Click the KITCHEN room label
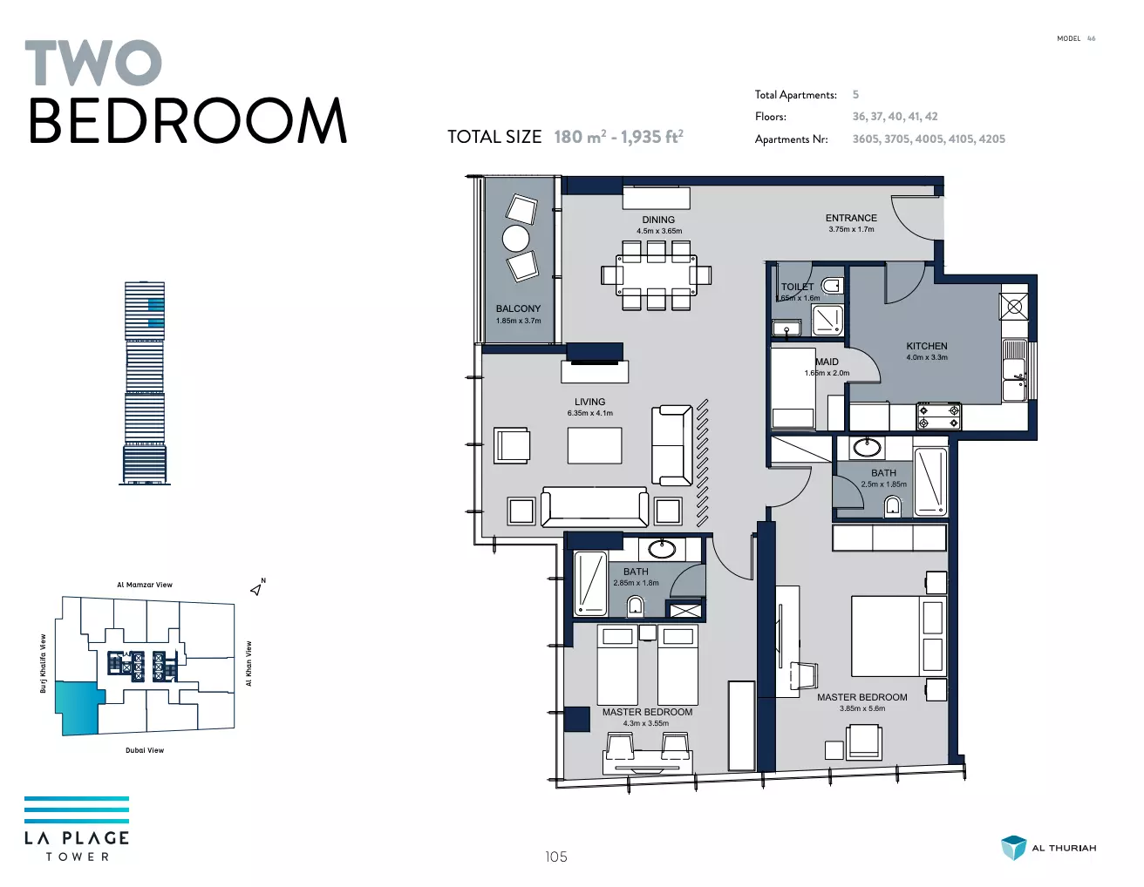click(x=927, y=346)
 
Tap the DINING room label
click(x=658, y=220)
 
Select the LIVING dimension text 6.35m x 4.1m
click(x=590, y=414)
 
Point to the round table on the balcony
click(x=515, y=239)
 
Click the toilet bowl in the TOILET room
click(x=832, y=286)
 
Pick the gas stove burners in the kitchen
click(x=939, y=416)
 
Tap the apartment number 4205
click(x=992, y=139)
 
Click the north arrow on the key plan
click(x=256, y=589)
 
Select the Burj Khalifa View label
click(x=44, y=663)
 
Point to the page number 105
click(x=556, y=857)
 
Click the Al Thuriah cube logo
click(x=1013, y=848)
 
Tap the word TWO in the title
click(x=93, y=63)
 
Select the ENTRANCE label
click(x=851, y=218)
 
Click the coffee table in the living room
click(x=595, y=445)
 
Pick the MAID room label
click(x=827, y=362)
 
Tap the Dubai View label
click(x=145, y=750)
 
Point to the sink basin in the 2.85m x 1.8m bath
click(x=662, y=549)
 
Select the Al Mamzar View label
click(x=145, y=585)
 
